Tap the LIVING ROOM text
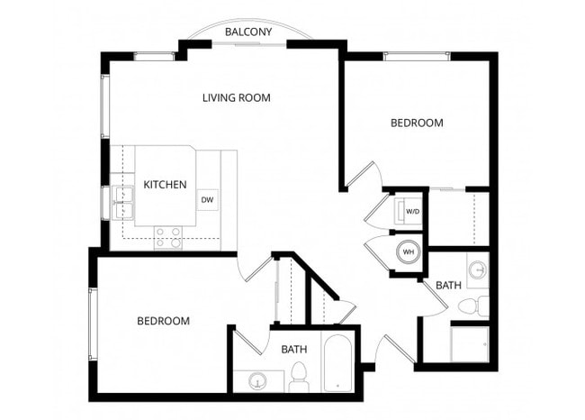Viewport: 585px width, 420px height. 236,97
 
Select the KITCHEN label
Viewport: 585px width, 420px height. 165,185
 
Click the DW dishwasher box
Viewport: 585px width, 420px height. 207,200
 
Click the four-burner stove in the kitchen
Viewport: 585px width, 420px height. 168,237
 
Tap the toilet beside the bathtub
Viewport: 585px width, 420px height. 301,379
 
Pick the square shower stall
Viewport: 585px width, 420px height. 470,342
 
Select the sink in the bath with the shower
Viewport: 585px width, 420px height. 477,269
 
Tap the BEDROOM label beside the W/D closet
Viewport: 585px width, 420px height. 416,123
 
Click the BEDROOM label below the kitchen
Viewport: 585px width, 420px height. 163,321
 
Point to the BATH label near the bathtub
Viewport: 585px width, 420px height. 293,349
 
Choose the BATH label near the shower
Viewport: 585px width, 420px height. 448,286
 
